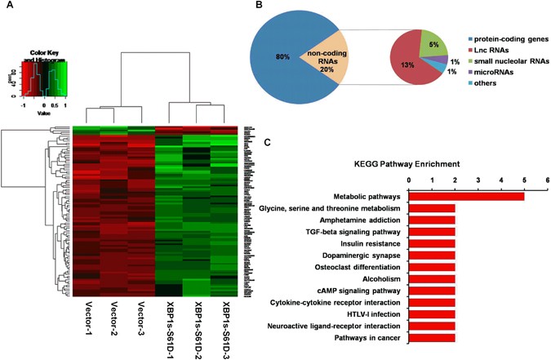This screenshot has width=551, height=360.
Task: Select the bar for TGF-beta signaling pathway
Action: point(432,232)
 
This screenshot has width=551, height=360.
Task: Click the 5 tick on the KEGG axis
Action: point(524,179)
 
